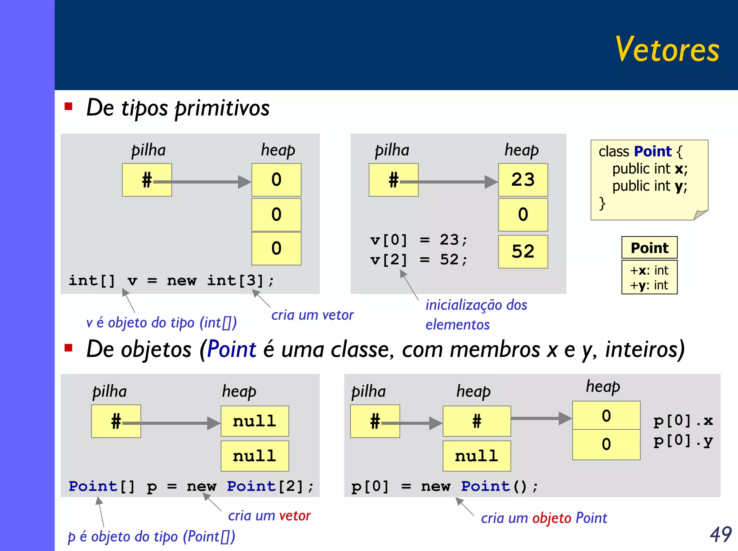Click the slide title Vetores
click(x=667, y=50)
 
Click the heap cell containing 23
click(x=523, y=180)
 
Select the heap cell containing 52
click(x=523, y=252)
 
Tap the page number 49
click(x=720, y=534)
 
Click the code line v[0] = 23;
click(x=419, y=240)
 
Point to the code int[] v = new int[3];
click(x=172, y=280)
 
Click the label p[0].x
click(x=683, y=420)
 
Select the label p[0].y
click(x=683, y=441)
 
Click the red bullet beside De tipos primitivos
click(x=68, y=107)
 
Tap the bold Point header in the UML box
click(x=649, y=248)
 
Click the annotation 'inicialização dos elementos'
click(x=476, y=314)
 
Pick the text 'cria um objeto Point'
click(x=543, y=518)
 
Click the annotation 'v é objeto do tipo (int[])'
click(x=161, y=322)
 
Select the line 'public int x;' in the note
click(x=650, y=168)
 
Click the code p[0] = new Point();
click(x=445, y=487)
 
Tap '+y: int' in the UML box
click(x=649, y=285)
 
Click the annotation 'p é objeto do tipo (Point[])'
click(x=151, y=536)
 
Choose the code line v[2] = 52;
click(x=419, y=259)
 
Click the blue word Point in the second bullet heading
click(x=231, y=349)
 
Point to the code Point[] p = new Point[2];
click(x=191, y=487)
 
